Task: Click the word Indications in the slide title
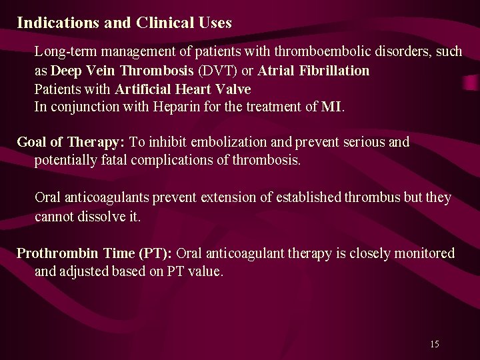58,23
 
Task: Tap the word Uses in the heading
215,23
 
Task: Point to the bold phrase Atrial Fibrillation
313,71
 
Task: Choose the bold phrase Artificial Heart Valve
183,89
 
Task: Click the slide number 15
435,344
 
